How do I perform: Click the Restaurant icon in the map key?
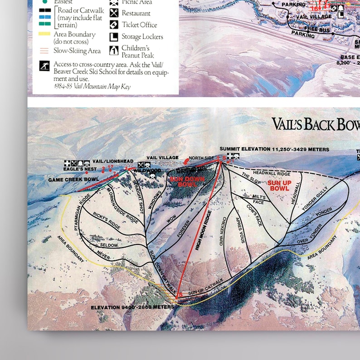pos(114,13)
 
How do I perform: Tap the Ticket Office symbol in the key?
pos(114,25)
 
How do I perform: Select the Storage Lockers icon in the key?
pos(114,37)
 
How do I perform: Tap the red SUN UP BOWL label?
pos(278,185)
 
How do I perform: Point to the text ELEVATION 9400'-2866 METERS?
pos(132,307)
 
